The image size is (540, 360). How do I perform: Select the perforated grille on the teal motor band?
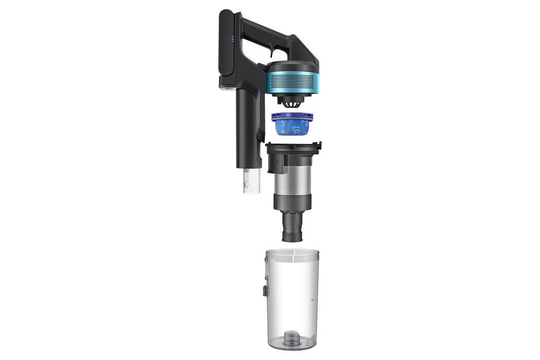point(292,81)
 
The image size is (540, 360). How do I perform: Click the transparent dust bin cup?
point(292,298)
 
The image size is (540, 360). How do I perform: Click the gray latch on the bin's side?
point(265,291)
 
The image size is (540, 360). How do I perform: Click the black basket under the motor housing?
point(292,103)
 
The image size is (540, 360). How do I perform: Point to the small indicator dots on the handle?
point(232,38)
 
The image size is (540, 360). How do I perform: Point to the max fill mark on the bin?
point(312,298)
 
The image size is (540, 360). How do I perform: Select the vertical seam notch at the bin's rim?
point(293,253)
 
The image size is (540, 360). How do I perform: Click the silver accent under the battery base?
point(226,88)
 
